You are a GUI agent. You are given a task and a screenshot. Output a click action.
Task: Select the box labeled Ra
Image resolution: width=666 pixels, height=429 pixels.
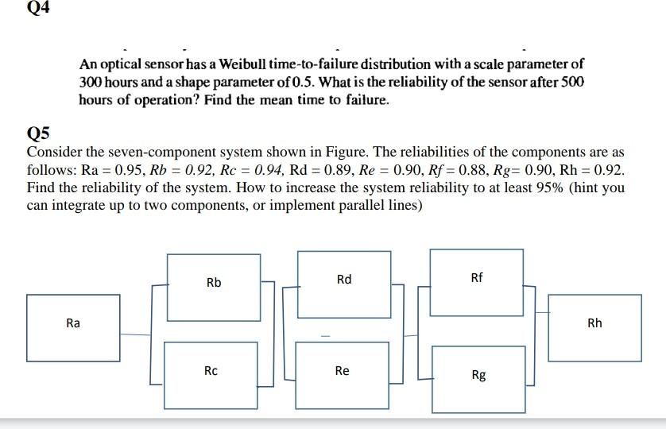pyautogui.click(x=73, y=323)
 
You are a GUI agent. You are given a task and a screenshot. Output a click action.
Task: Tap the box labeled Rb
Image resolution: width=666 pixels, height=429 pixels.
pyautogui.click(x=214, y=282)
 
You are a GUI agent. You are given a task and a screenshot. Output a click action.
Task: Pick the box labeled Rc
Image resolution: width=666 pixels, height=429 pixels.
pyautogui.click(x=211, y=370)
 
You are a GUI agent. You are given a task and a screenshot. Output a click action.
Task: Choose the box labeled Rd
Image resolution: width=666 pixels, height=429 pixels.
pyautogui.click(x=343, y=279)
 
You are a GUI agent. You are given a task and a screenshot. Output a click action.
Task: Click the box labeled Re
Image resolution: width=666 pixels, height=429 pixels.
pyautogui.click(x=342, y=370)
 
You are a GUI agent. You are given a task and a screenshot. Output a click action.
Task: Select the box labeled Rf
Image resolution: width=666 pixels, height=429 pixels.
pyautogui.click(x=476, y=277)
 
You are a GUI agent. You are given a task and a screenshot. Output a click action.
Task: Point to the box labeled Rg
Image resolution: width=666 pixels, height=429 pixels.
pyautogui.click(x=478, y=374)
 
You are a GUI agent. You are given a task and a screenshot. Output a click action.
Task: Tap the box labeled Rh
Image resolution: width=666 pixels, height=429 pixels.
pyautogui.click(x=594, y=323)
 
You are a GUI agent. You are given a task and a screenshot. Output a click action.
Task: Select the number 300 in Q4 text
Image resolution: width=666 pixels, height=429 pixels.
pyautogui.click(x=90, y=82)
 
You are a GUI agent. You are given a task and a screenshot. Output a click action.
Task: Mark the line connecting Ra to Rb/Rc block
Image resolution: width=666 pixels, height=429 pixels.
pyautogui.click(x=135, y=334)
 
